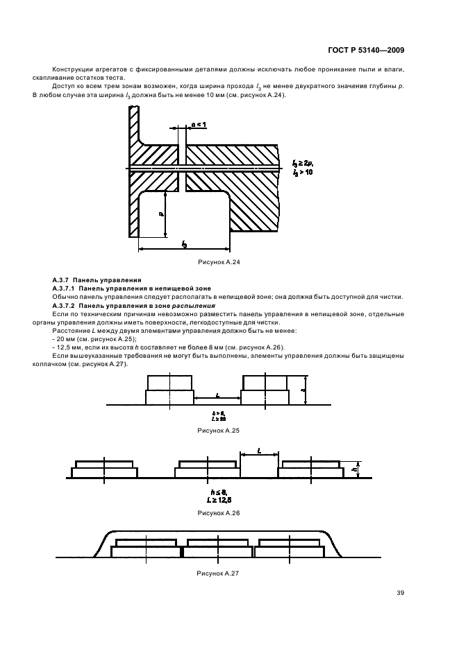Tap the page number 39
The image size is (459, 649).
[x=401, y=592]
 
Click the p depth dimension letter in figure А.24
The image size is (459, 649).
[x=160, y=216]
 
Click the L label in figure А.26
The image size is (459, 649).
[x=258, y=450]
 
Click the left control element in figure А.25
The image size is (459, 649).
[x=169, y=390]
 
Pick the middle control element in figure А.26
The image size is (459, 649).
[x=207, y=469]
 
